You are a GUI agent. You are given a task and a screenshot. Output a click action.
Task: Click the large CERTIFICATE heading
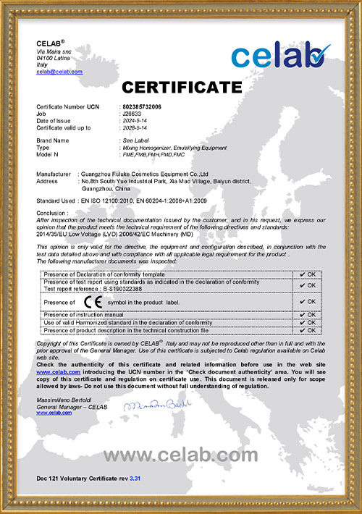[181, 88]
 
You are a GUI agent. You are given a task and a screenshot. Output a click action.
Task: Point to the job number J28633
[132, 113]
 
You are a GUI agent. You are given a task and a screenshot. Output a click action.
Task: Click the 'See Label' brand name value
[134, 140]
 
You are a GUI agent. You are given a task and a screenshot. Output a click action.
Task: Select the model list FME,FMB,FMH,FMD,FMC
[151, 153]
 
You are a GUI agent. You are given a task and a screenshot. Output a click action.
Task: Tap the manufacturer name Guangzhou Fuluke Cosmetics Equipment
[145, 174]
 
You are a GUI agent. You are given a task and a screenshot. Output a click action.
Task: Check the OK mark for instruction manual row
[307, 315]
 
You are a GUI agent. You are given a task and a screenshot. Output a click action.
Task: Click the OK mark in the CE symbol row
[307, 301]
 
